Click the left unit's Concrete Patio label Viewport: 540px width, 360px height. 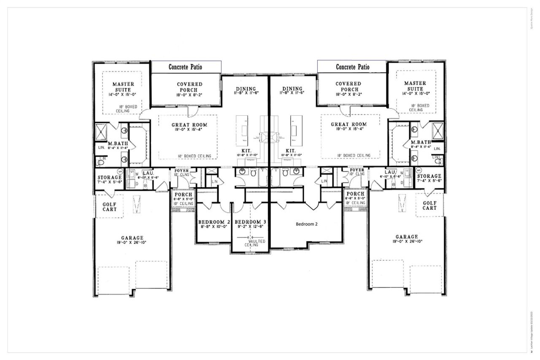pos(185,67)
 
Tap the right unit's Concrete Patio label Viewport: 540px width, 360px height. pos(352,67)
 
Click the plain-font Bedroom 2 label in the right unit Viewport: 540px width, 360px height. pos(306,225)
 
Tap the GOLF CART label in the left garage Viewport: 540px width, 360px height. pos(109,206)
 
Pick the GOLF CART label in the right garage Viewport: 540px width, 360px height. pos(429,205)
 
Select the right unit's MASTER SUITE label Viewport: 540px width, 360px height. pos(415,87)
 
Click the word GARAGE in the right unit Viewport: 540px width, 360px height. pos(406,237)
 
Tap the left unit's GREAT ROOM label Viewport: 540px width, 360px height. pos(186,125)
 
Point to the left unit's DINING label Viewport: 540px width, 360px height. pos(246,88)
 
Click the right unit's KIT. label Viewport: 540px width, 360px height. pos(290,150)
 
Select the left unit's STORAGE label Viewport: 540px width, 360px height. pos(110,177)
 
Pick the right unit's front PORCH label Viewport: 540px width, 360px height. pos(355,194)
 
